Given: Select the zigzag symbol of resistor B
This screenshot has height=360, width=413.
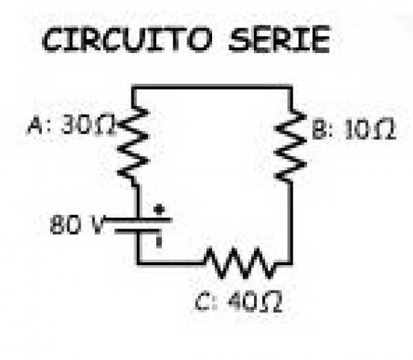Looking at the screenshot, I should click(293, 145).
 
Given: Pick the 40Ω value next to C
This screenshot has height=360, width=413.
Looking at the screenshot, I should click(256, 304).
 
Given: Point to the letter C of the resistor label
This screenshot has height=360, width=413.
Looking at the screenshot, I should click(201, 304).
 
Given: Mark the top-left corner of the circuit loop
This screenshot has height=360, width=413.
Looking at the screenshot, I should click(132, 87).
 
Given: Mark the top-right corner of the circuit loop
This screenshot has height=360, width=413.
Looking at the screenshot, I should click(291, 87).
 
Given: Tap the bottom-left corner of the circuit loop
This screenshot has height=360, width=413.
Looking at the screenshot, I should click(138, 262).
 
